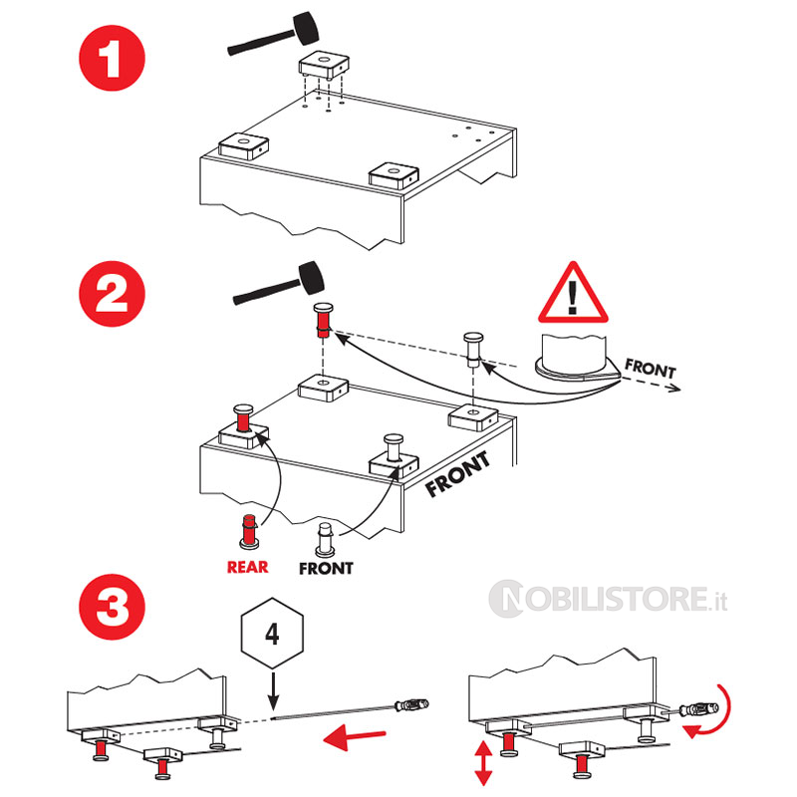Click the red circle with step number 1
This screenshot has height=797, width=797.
click(x=112, y=58)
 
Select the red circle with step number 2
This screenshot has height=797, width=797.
click(x=112, y=294)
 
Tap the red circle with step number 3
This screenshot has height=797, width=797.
click(x=112, y=607)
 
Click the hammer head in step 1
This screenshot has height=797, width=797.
click(x=306, y=29)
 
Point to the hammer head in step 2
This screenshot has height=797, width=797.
click(x=311, y=278)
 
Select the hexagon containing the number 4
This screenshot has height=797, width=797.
click(x=272, y=634)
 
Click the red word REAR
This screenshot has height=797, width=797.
click(x=247, y=567)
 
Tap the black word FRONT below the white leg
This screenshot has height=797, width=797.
click(x=326, y=568)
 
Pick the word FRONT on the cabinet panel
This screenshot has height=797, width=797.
click(x=457, y=474)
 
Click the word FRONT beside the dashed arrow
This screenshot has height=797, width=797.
click(x=651, y=368)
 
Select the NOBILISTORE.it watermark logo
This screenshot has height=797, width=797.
click(x=608, y=599)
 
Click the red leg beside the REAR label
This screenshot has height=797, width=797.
click(x=250, y=532)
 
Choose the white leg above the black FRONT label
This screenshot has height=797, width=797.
click(x=326, y=539)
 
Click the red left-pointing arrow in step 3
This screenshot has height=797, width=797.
click(x=355, y=736)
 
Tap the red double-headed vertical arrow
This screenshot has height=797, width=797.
click(x=483, y=763)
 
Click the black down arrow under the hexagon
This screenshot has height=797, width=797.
click(x=273, y=691)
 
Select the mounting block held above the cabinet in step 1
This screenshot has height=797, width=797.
click(x=324, y=65)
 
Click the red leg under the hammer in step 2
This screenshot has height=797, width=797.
click(x=323, y=320)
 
